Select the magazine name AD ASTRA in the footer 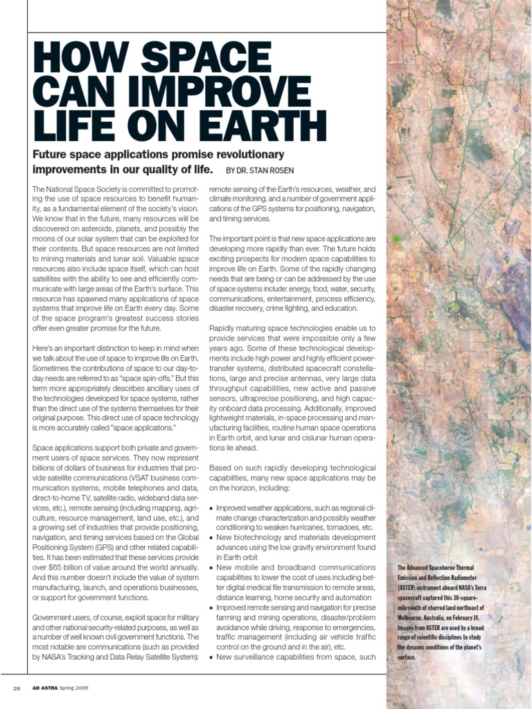48,688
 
